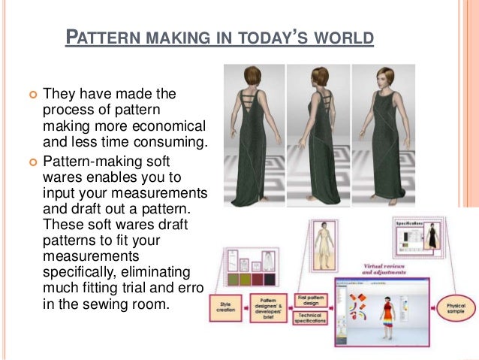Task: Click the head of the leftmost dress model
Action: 252,76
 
